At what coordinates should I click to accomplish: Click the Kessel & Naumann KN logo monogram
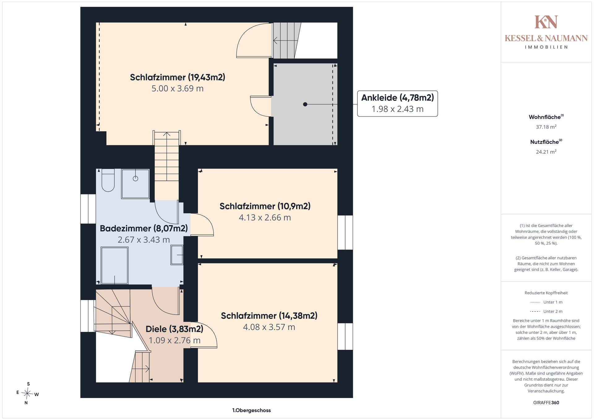click(546, 22)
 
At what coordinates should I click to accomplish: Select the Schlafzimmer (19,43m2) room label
click(178, 77)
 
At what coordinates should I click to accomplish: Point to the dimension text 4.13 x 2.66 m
click(265, 218)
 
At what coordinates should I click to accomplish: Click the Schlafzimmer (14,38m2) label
click(269, 316)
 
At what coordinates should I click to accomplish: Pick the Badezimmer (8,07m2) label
click(144, 229)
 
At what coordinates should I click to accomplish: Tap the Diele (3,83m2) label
click(174, 329)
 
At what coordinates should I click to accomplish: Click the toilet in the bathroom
click(108, 180)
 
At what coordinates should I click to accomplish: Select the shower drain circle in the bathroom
click(136, 178)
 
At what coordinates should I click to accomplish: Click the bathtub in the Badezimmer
click(114, 265)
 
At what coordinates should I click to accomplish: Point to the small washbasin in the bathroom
click(177, 255)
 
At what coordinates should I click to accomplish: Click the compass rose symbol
click(28, 394)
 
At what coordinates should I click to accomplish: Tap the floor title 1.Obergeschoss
click(252, 410)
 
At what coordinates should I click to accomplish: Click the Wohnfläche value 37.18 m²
click(546, 127)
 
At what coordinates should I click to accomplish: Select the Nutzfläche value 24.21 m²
click(546, 152)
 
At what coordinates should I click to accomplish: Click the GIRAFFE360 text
click(546, 403)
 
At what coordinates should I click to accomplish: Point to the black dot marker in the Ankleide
click(305, 104)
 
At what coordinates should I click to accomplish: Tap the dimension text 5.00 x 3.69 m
click(178, 89)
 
